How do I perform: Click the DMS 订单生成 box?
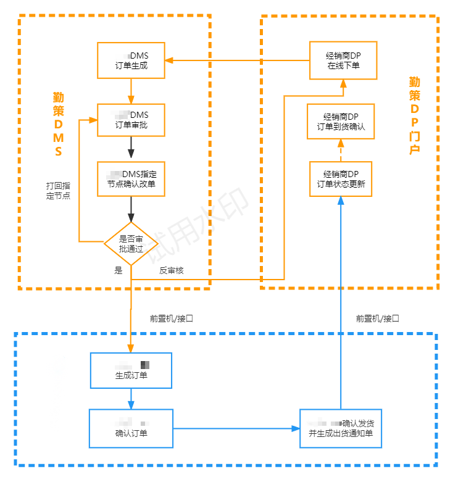131,60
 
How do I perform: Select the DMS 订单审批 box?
131,120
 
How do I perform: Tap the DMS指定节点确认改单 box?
131,179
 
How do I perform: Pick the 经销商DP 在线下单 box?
343,60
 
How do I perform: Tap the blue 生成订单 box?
131,370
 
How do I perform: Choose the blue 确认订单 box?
131,428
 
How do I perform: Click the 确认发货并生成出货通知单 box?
341,428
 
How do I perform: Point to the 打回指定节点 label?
58,190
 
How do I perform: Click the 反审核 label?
172,270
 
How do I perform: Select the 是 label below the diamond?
118,270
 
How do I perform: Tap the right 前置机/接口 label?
378,318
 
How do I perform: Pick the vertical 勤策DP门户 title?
415,115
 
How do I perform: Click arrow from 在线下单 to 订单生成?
238,60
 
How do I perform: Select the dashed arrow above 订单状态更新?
341,149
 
